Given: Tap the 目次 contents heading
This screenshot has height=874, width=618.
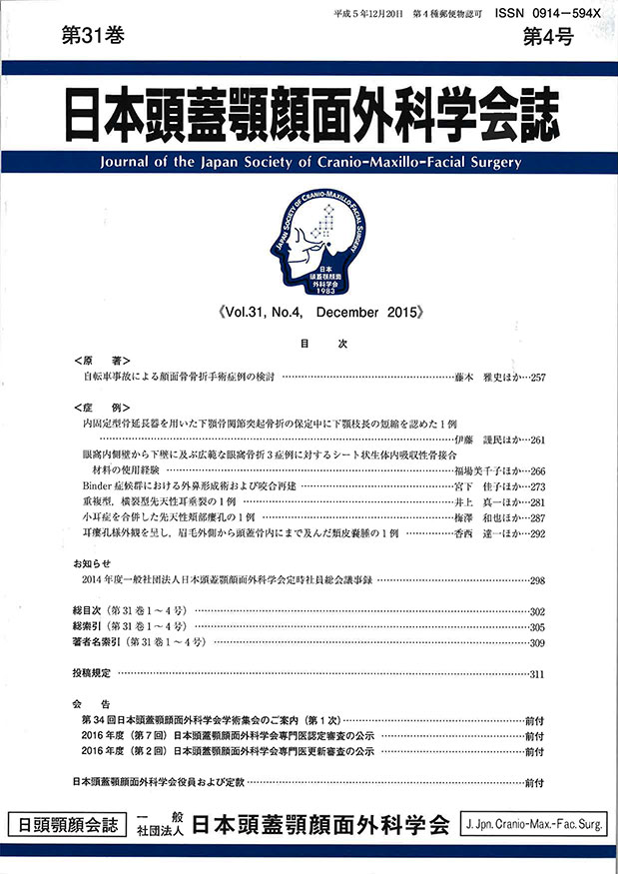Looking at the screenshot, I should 309,344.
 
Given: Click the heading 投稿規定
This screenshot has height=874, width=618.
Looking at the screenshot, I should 94,673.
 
